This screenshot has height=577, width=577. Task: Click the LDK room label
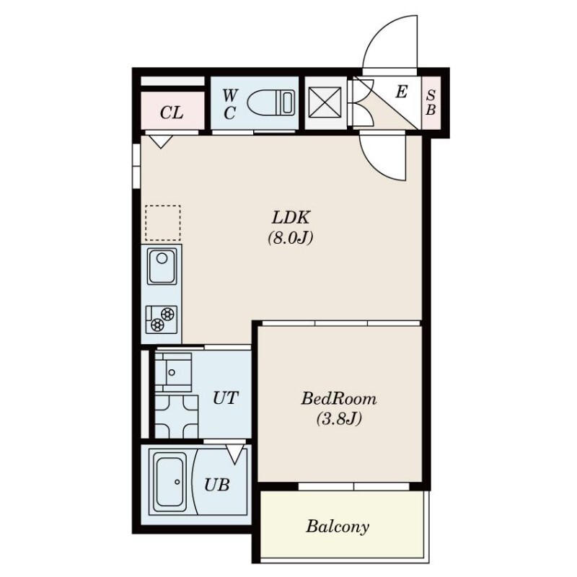click(291, 218)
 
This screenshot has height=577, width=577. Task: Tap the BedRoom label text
click(339, 399)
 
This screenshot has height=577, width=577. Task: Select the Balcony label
click(338, 527)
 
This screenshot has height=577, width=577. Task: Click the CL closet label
click(172, 113)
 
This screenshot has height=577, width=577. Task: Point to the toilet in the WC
click(271, 102)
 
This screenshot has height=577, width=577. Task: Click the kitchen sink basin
click(162, 266)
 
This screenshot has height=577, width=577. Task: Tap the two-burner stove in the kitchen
click(162, 320)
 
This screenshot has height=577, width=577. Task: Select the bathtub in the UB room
click(171, 482)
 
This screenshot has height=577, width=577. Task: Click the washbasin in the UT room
click(173, 372)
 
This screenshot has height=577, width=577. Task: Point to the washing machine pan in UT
click(176, 417)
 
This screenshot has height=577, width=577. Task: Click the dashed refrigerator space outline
click(163, 223)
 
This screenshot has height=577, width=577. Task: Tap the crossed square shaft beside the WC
click(325, 102)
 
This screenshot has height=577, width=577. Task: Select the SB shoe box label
click(431, 102)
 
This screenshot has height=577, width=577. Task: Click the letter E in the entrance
click(402, 92)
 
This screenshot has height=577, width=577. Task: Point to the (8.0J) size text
click(291, 238)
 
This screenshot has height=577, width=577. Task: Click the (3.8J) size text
click(339, 419)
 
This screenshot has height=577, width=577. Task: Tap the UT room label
click(226, 398)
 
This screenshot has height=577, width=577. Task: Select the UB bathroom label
click(217, 485)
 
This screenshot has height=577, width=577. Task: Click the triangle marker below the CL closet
click(161, 141)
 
